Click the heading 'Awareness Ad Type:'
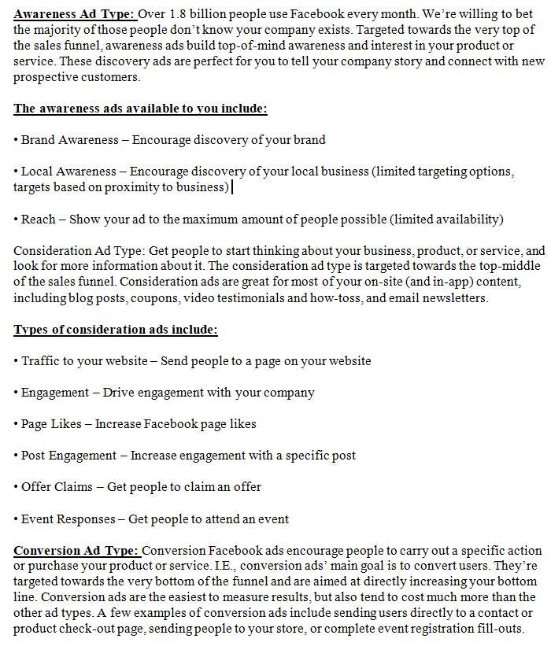(x=75, y=14)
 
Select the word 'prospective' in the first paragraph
(x=46, y=77)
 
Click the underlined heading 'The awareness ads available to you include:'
(x=140, y=109)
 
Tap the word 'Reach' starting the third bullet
(x=39, y=220)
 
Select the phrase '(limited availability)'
(x=446, y=220)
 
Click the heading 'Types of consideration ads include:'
(x=116, y=330)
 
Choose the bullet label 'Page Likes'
(x=52, y=424)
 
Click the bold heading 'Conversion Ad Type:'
(x=76, y=551)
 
